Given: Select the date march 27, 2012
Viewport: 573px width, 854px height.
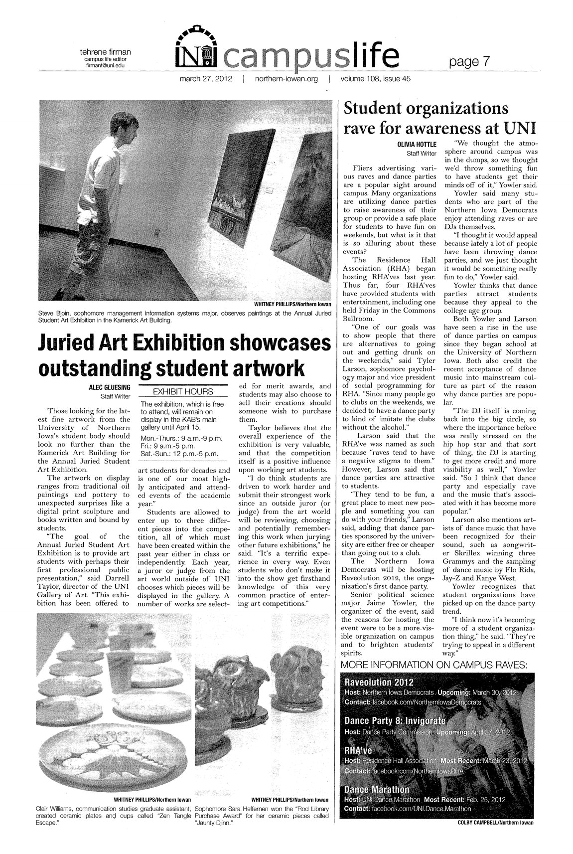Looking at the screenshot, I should click(x=205, y=79).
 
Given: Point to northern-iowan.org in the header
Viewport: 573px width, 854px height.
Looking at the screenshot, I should click(x=286, y=79).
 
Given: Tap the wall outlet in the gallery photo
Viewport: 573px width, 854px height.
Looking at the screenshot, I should click(x=156, y=232).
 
